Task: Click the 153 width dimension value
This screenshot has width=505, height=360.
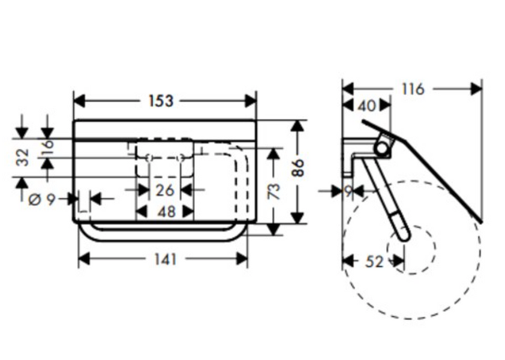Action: [161, 101]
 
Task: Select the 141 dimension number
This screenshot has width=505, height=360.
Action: [166, 259]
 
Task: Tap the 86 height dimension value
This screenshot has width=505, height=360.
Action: [298, 167]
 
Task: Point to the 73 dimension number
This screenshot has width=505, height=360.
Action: [273, 191]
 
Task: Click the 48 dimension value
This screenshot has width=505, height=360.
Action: [167, 212]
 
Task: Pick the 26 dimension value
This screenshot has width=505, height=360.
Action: [165, 190]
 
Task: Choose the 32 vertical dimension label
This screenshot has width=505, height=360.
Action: [23, 157]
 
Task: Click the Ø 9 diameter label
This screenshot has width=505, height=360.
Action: [42, 200]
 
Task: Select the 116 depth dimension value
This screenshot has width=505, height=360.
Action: [413, 89]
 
